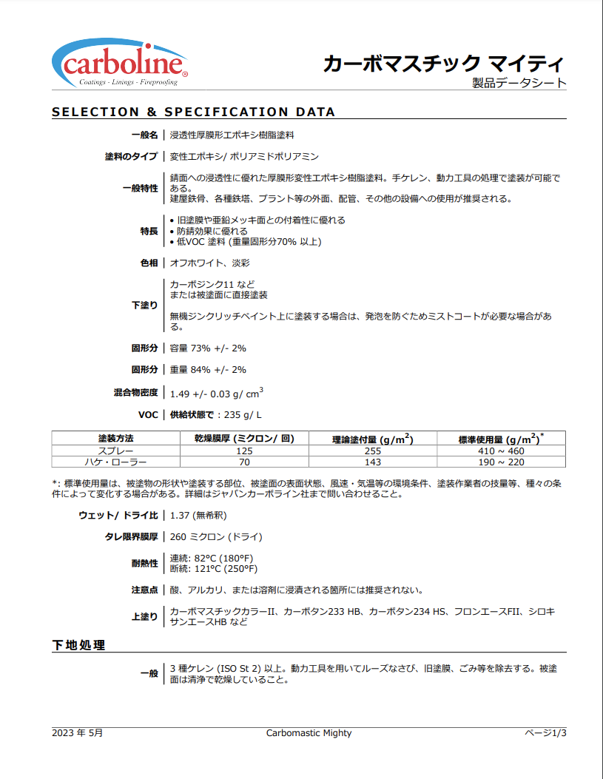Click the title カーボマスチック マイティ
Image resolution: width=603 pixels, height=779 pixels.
pyautogui.click(x=444, y=63)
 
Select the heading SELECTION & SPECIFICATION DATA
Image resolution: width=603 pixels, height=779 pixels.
pyautogui.click(x=193, y=112)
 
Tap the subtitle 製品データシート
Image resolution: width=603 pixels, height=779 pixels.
pyautogui.click(x=519, y=83)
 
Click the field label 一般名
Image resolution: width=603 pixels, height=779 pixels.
pyautogui.click(x=145, y=135)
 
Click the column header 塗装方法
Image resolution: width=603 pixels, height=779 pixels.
pyautogui.click(x=116, y=439)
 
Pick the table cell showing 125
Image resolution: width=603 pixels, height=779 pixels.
pyautogui.click(x=244, y=451)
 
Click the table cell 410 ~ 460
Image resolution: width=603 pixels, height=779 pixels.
pyautogui.click(x=501, y=451)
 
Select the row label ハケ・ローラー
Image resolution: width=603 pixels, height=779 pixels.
pyautogui.click(x=116, y=462)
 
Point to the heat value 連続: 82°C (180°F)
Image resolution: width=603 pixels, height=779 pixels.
pyautogui.click(x=213, y=558)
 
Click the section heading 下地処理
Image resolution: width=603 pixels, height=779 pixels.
pyautogui.click(x=78, y=645)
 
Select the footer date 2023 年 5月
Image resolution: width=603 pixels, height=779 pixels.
pyautogui.click(x=77, y=733)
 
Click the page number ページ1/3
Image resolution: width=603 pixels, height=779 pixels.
pyautogui.click(x=545, y=733)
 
